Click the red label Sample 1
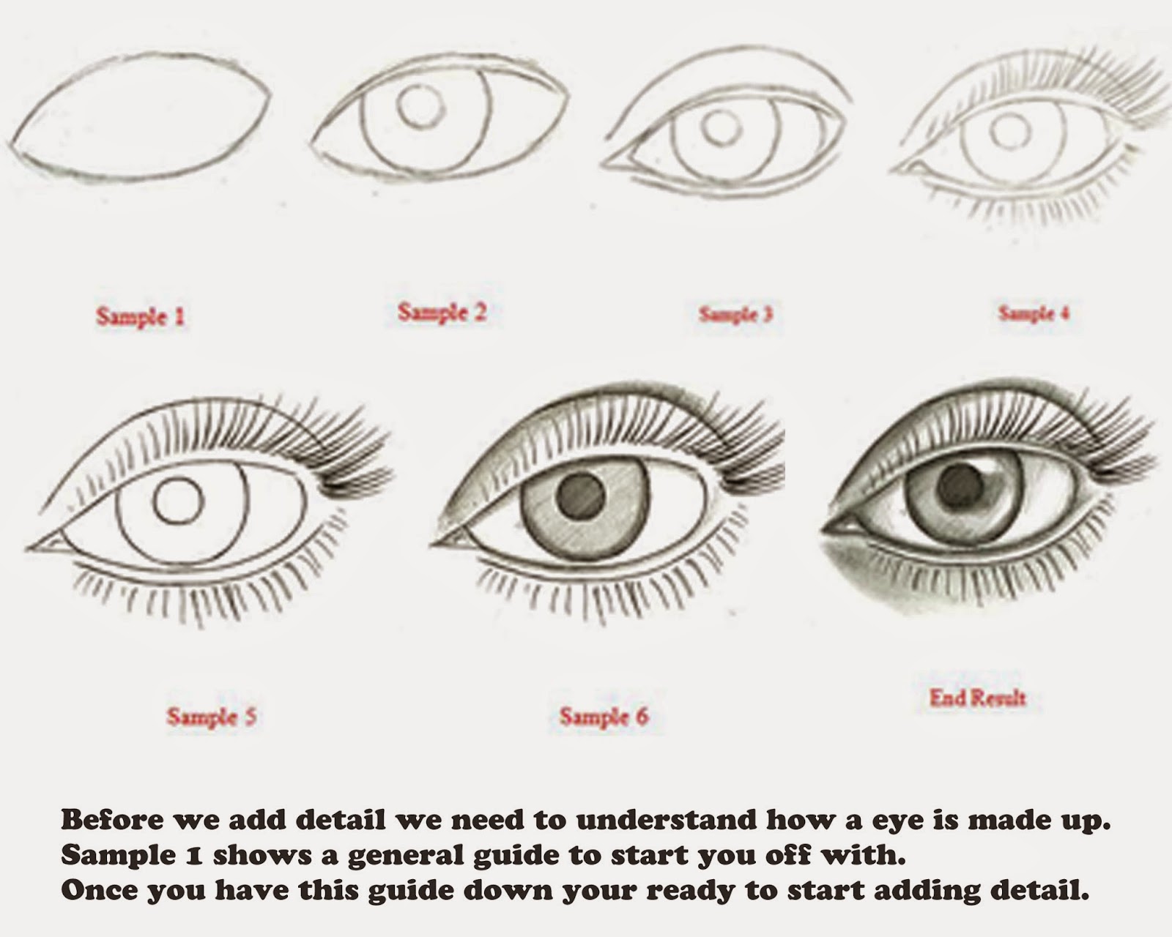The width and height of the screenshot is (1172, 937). click(x=141, y=316)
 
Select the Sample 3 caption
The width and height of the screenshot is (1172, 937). click(x=735, y=315)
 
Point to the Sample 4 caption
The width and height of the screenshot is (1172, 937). click(x=1034, y=313)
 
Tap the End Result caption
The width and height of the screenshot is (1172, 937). click(x=978, y=698)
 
